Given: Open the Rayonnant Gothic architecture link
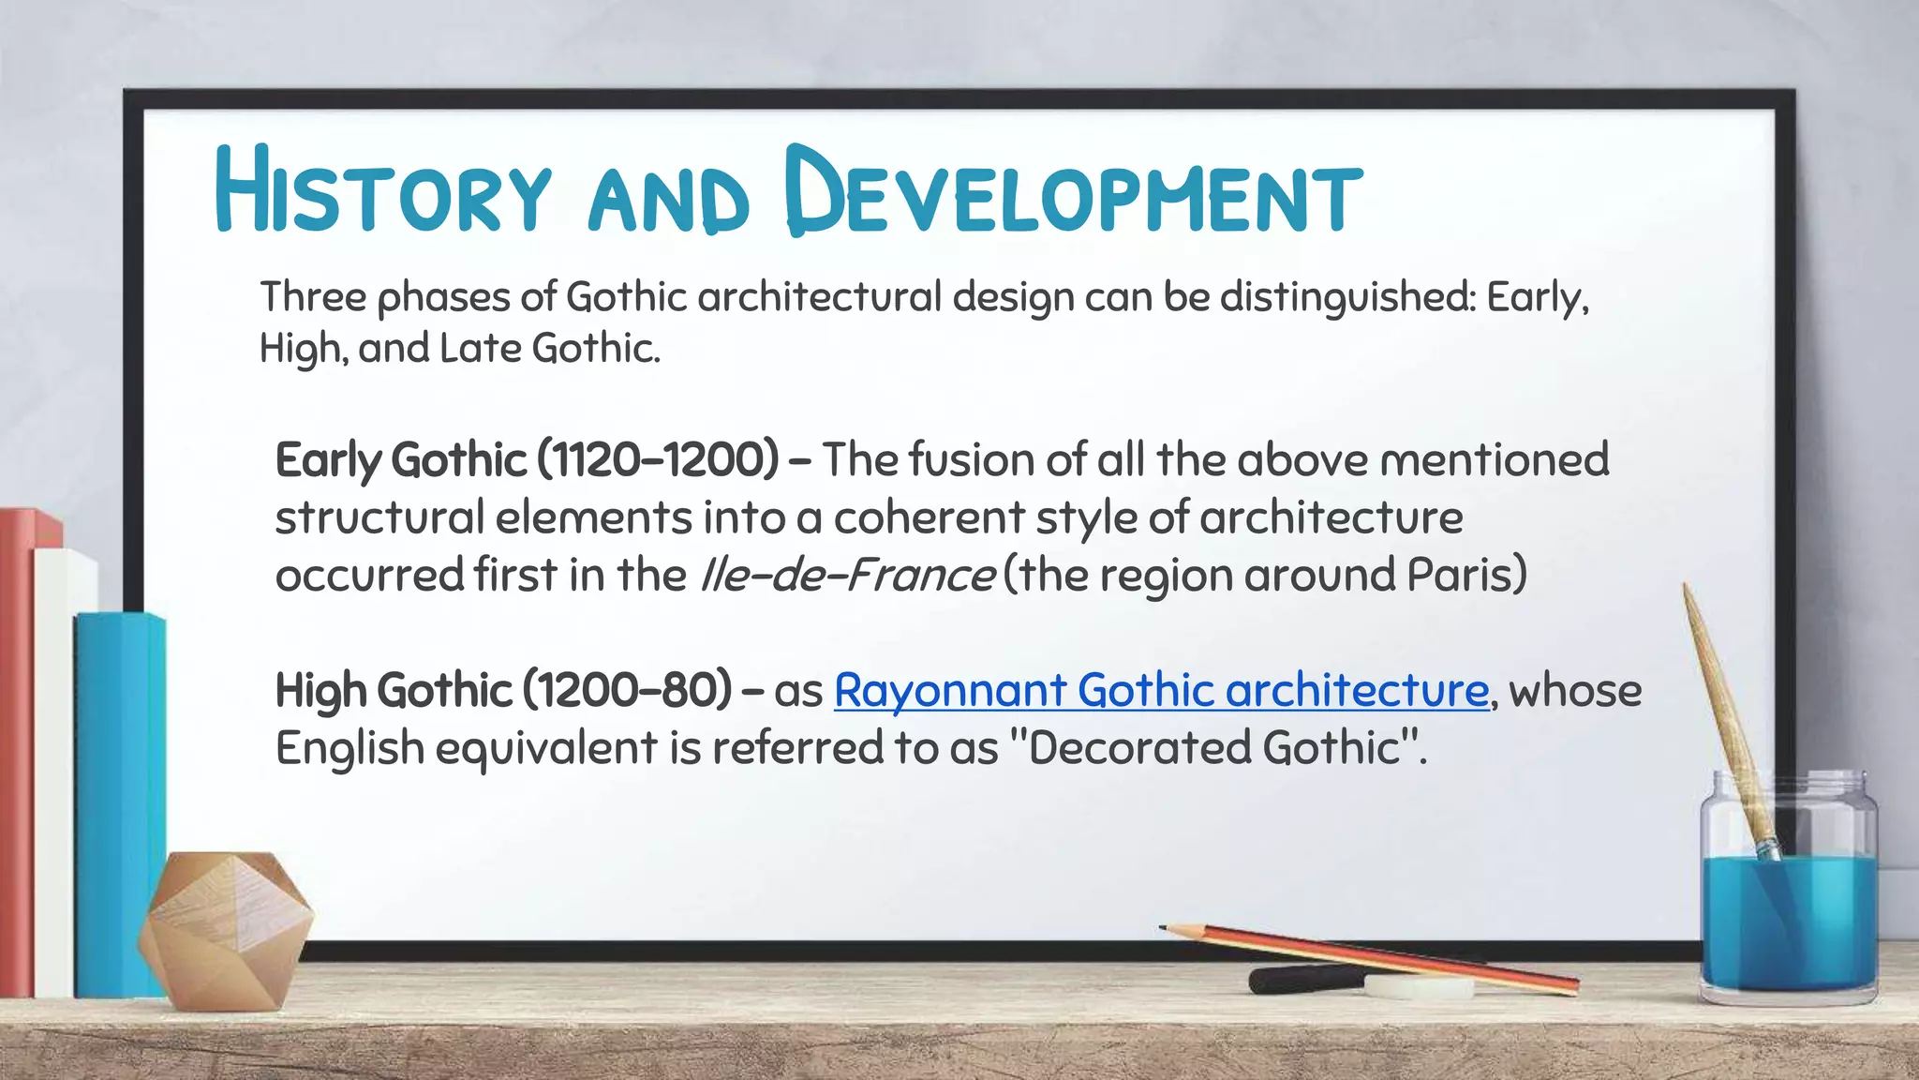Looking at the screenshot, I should coord(1161,691).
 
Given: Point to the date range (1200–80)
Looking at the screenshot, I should coord(627,691).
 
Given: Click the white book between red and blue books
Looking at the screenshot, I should coord(54,769).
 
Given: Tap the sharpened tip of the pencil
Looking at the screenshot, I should coord(1165,928).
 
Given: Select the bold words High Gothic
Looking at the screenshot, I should coord(394,691).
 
